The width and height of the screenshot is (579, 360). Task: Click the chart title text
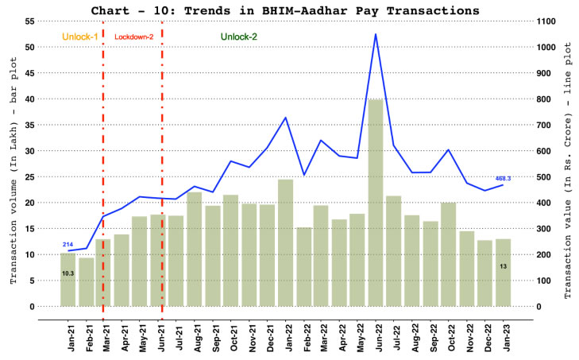point(289,10)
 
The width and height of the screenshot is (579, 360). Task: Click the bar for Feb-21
point(86,281)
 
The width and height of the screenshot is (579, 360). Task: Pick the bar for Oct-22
point(448,254)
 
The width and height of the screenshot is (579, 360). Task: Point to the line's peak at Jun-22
point(376,34)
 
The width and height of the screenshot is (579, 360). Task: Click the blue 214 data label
point(68,244)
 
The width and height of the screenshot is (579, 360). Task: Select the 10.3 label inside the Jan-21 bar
point(68,273)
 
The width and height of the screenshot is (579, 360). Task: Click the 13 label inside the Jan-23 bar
point(504,265)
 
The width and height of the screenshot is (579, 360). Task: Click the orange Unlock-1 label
point(79,37)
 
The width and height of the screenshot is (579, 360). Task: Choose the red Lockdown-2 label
point(134,37)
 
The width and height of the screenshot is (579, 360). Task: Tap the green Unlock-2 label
point(238,37)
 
